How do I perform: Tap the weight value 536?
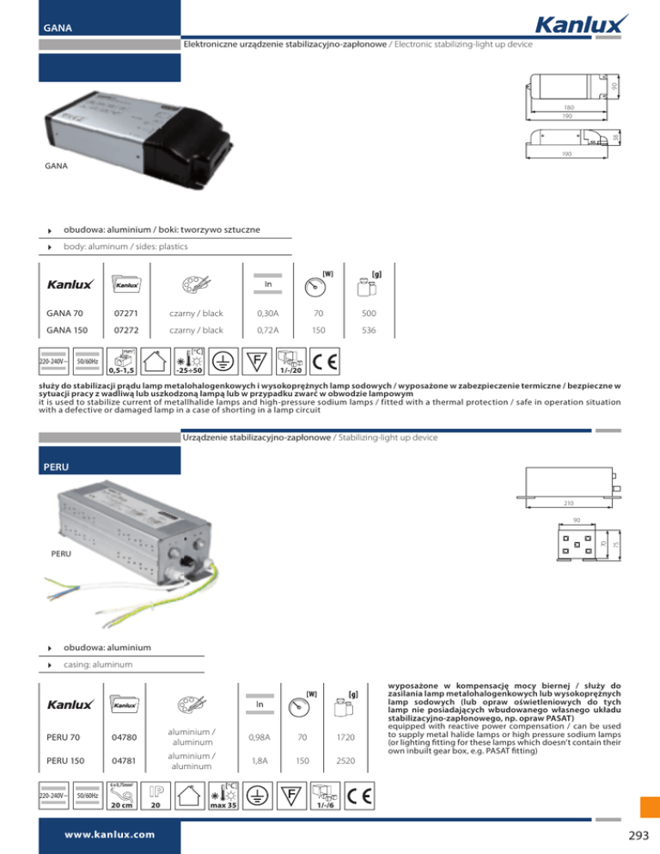coord(369,330)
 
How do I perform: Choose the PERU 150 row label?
coord(68,759)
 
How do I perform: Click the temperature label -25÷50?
coord(188,370)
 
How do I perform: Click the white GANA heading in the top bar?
coord(58,27)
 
